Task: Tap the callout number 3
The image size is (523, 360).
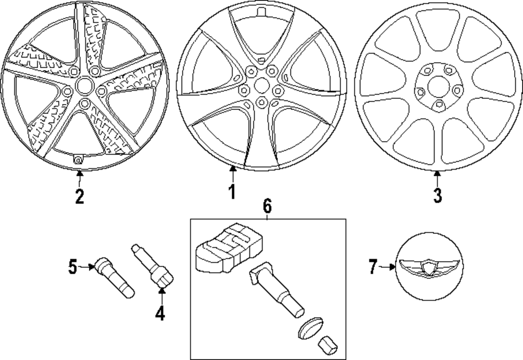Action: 437,195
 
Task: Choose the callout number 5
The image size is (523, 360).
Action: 72,267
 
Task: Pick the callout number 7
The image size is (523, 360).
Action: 372,267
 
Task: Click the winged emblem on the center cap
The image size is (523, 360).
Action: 428,268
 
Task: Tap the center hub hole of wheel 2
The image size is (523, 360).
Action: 82,85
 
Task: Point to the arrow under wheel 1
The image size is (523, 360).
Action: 232,173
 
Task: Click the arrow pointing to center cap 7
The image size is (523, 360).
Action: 388,267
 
